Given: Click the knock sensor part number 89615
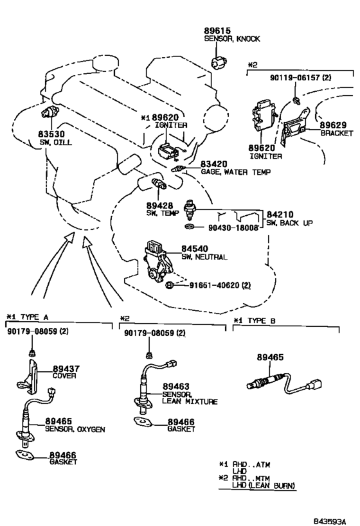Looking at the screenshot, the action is [217, 31].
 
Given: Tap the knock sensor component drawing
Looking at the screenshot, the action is [219, 62].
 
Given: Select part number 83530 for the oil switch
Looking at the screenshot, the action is [51, 135].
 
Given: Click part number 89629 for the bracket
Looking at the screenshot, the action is [333, 125].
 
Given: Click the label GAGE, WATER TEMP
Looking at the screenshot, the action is [235, 172].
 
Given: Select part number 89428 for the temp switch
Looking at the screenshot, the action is [159, 206].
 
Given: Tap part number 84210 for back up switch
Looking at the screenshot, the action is [280, 215].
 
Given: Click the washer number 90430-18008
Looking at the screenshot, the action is [233, 227].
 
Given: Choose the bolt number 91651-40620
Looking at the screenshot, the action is [215, 285].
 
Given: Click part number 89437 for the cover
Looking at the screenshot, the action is [66, 369].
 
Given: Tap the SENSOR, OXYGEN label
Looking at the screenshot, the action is [75, 429].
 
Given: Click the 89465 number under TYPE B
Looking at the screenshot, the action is [271, 357].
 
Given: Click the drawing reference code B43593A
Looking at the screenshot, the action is [329, 522].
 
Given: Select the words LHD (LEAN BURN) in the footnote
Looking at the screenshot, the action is [264, 485].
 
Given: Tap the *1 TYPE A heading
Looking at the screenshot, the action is [28, 317].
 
